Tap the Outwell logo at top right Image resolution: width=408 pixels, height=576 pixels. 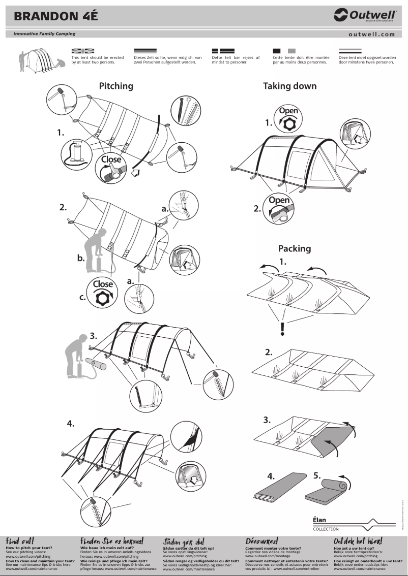click(365, 16)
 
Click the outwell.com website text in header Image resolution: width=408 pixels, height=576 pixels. click(372, 35)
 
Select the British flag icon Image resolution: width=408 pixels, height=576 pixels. click(83, 51)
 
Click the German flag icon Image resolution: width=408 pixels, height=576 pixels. click(145, 51)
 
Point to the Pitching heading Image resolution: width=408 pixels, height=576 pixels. click(116, 86)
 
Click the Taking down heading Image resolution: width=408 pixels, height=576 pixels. click(289, 86)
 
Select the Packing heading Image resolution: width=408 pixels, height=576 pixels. click(294, 248)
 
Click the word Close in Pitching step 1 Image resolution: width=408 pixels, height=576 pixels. click(111, 159)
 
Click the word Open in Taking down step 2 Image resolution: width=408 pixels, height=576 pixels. click(279, 200)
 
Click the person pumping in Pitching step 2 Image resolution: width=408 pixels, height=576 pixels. click(100, 249)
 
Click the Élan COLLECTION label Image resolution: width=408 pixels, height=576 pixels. click(326, 524)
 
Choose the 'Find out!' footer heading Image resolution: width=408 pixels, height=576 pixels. click(20, 541)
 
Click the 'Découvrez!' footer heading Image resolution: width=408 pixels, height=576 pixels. click(261, 541)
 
